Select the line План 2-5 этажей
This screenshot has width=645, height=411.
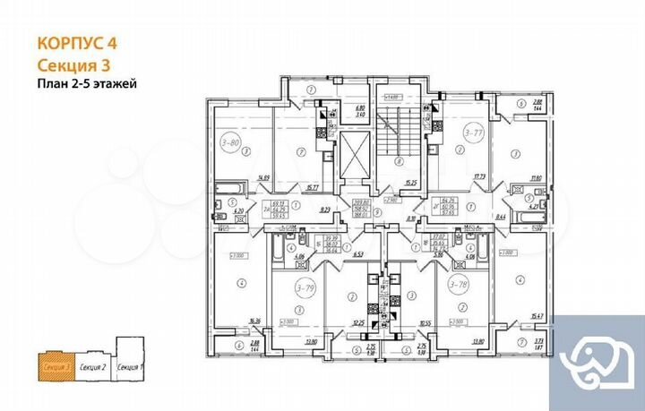(x=87, y=84)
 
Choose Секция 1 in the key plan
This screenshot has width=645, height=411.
(x=131, y=367)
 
